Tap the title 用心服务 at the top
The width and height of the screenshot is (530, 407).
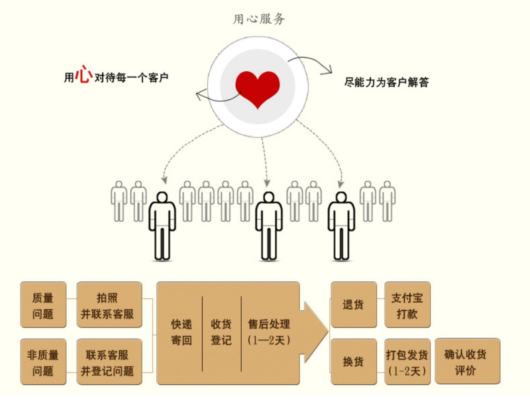click(x=259, y=19)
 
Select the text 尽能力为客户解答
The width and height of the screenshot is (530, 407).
click(x=386, y=82)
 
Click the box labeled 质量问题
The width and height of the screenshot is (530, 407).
click(x=43, y=305)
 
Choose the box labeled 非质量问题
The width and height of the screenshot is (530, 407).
click(x=43, y=362)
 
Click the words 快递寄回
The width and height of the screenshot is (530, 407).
click(x=181, y=332)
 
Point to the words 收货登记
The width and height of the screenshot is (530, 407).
click(x=221, y=332)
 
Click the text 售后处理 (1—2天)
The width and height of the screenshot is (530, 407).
click(x=269, y=332)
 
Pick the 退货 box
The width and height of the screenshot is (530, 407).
click(x=353, y=305)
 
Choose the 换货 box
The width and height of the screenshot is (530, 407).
click(x=353, y=362)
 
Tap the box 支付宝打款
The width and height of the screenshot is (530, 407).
click(x=407, y=305)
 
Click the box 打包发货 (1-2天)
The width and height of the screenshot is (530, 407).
click(x=407, y=362)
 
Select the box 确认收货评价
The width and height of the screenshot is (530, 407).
click(x=467, y=361)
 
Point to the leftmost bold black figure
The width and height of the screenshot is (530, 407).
click(x=162, y=226)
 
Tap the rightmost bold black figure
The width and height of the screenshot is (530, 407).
click(x=341, y=226)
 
